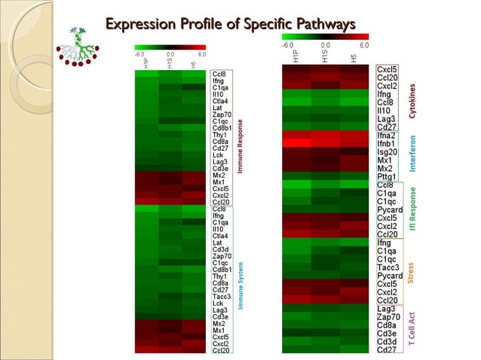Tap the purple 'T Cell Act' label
coord(412,328)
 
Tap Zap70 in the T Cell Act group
coord(388,317)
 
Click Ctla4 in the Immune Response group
coord(221,100)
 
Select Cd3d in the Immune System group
coord(221,249)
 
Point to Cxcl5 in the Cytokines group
coord(388,69)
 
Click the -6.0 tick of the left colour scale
coord(139,54)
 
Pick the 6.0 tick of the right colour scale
coord(364,45)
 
